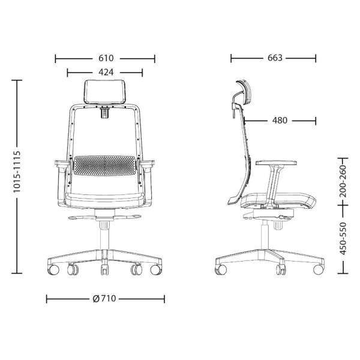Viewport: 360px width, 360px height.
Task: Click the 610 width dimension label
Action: click(x=106, y=58)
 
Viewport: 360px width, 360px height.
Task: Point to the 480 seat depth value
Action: click(x=280, y=120)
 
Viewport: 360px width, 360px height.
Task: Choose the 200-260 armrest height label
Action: click(x=343, y=178)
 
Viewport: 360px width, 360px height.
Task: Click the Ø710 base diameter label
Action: click(x=106, y=298)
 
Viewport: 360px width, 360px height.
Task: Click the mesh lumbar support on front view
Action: click(x=106, y=165)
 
